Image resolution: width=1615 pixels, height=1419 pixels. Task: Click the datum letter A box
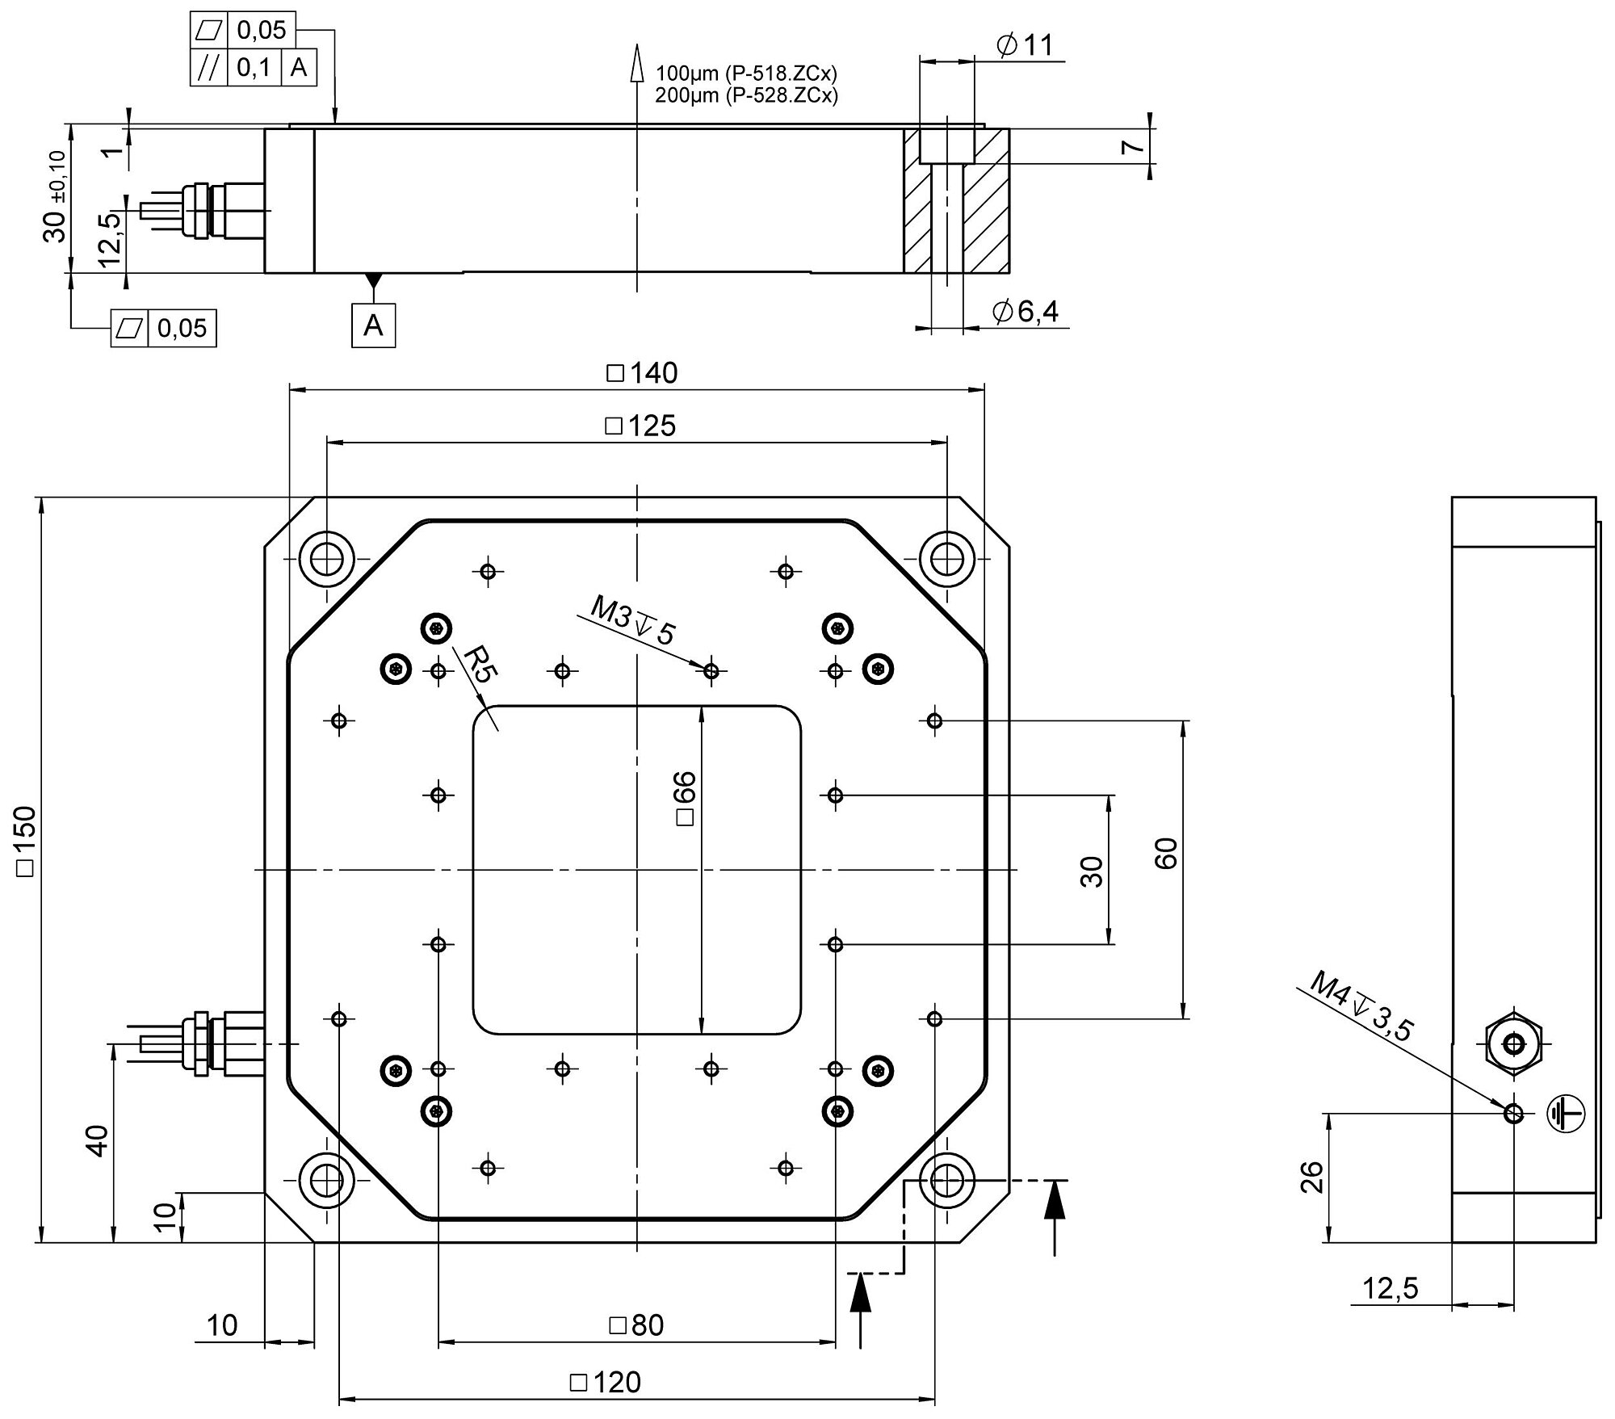pyautogui.click(x=373, y=325)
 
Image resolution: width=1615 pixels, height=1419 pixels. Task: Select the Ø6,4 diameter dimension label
pyautogui.click(x=1026, y=311)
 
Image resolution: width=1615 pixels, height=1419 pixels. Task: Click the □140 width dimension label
pyautogui.click(x=642, y=373)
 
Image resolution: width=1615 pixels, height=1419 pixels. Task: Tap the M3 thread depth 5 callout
pyautogui.click(x=631, y=620)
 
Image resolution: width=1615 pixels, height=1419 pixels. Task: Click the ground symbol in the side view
pyautogui.click(x=1565, y=1115)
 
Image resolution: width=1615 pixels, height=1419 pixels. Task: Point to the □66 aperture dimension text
pyautogui.click(x=684, y=798)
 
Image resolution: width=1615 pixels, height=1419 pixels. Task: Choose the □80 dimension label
pyautogui.click(x=636, y=1325)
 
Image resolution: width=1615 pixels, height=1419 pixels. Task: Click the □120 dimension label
pyautogui.click(x=606, y=1382)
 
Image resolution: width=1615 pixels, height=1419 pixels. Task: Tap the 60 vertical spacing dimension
pyautogui.click(x=1166, y=853)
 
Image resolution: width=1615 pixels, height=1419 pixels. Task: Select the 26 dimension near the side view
pyautogui.click(x=1312, y=1177)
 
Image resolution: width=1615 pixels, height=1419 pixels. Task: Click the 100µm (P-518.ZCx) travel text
pyautogui.click(x=746, y=73)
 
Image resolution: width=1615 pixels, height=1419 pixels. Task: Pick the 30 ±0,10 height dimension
pyautogui.click(x=56, y=196)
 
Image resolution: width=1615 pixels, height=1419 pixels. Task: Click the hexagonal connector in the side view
pyautogui.click(x=1514, y=1045)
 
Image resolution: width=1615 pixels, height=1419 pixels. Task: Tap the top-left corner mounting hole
pyautogui.click(x=326, y=557)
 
